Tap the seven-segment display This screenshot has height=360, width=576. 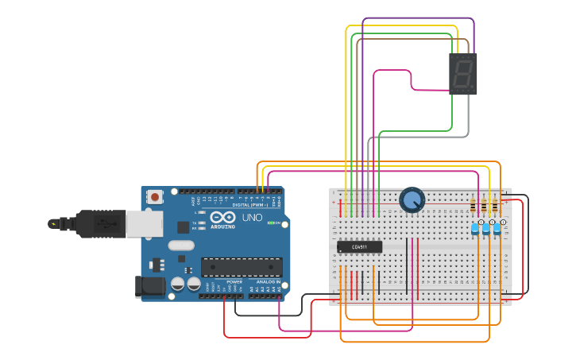[x=463, y=74]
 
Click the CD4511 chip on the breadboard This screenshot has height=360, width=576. [x=359, y=246]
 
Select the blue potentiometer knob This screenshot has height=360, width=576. [x=412, y=200]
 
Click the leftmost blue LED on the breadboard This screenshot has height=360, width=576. [x=475, y=229]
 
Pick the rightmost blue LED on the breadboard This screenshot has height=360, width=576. [x=498, y=229]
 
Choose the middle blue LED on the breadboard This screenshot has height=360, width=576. [x=486, y=229]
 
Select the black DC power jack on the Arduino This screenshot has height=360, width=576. [x=152, y=286]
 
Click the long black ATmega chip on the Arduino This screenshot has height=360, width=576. [x=241, y=267]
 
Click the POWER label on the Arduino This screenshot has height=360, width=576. [x=234, y=282]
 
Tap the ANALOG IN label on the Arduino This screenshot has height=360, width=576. [x=267, y=282]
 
